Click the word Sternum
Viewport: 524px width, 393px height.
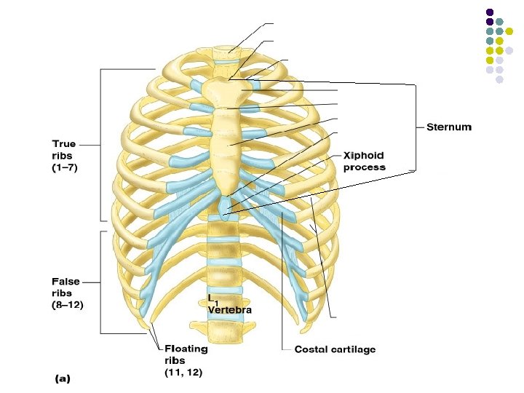448,127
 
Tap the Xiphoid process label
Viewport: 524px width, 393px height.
364,162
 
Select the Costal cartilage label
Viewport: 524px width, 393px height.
335,350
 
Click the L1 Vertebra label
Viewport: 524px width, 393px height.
229,305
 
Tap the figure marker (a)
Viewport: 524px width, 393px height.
65,378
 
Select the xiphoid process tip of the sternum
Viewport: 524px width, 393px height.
228,210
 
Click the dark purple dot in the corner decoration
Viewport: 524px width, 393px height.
490,12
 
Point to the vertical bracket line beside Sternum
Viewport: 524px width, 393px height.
416,127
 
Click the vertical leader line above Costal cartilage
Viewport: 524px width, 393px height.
282,277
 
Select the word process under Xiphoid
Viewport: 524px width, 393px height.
364,167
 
